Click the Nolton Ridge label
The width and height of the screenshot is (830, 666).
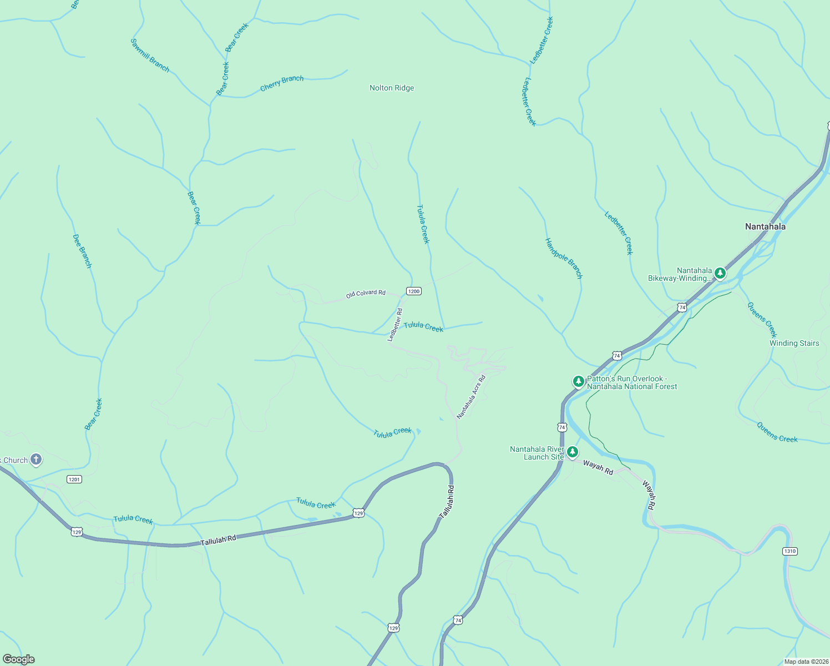tap(392, 88)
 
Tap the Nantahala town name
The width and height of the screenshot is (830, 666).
tap(765, 226)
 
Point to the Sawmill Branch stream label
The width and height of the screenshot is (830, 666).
tap(150, 55)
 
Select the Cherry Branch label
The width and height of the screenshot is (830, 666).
tap(282, 83)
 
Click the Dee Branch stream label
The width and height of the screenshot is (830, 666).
tap(82, 251)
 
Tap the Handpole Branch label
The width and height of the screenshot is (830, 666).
tap(564, 258)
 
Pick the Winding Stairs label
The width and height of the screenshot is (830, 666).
tap(794, 343)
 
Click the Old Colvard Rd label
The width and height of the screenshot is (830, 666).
tap(366, 294)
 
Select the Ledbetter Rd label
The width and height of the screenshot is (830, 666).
tap(395, 325)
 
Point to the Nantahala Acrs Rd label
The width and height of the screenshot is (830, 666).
tap(471, 397)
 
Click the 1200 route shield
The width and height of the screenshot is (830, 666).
tap(413, 291)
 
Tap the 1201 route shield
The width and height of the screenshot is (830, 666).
tap(74, 479)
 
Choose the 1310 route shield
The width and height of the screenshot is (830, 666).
tap(789, 551)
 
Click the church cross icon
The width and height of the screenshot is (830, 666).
tap(36, 460)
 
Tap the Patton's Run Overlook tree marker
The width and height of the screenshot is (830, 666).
tap(578, 382)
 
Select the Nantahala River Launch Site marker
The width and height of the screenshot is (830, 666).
tap(573, 452)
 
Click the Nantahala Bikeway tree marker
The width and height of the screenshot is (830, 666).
tap(720, 273)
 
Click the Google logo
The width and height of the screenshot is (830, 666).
tap(19, 659)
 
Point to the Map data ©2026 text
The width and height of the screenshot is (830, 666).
tap(806, 662)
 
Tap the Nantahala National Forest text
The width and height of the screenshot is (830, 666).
tap(632, 387)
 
